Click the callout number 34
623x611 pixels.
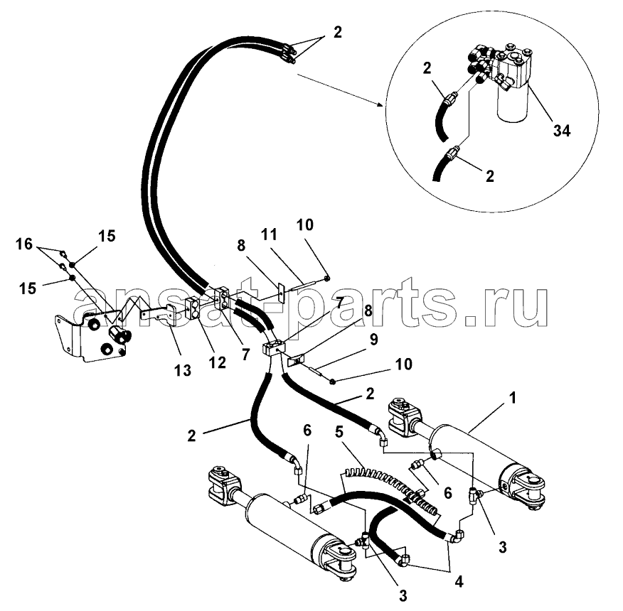tap(561, 130)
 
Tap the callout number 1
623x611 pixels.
tap(513, 397)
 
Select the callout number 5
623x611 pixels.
tap(339, 431)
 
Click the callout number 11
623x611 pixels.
tap(269, 234)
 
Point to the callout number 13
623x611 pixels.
tap(183, 370)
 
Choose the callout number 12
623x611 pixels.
tap(218, 362)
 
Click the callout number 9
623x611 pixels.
tap(373, 340)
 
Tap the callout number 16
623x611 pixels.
tap(24, 244)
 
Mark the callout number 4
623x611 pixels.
tap(459, 582)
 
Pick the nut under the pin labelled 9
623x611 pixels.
tap(333, 382)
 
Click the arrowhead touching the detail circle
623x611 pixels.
tap(380, 105)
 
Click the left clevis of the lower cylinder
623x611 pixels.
tap(225, 486)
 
